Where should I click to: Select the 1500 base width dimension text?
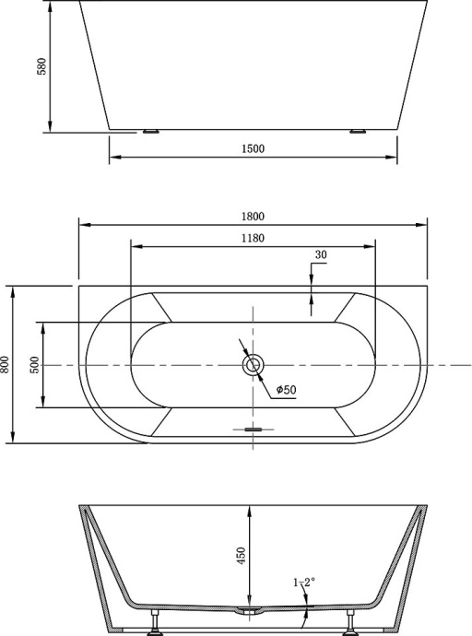click(254, 149)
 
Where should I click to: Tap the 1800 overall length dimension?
click(254, 217)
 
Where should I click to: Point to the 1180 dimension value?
click(253, 239)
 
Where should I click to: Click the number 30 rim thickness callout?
click(321, 255)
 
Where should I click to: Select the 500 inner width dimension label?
click(35, 365)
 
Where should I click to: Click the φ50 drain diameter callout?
click(286, 390)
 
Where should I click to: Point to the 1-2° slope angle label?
click(303, 583)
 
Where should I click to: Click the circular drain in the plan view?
click(253, 366)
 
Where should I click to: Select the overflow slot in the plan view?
click(253, 429)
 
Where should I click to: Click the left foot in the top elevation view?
click(151, 132)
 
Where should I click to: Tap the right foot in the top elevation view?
click(358, 132)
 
